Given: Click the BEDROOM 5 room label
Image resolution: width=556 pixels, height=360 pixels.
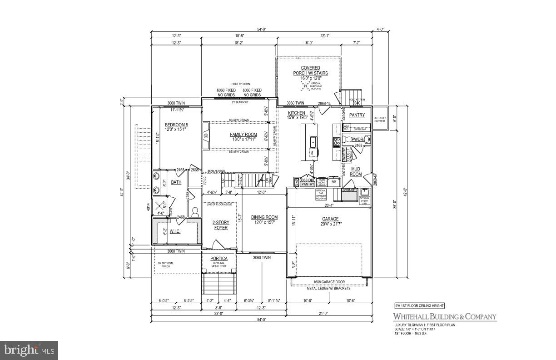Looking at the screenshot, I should (175, 125).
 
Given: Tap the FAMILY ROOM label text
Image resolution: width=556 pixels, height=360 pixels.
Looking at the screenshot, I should (243, 135).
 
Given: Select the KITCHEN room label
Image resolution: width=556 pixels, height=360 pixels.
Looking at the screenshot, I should (297, 113).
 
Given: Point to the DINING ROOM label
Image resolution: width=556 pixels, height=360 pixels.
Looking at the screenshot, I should (264, 217).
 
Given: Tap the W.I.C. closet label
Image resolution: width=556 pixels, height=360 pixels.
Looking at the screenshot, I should (175, 231).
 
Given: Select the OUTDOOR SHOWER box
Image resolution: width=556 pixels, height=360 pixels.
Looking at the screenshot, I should (379, 119).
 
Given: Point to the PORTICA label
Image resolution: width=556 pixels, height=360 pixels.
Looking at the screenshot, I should (218, 259).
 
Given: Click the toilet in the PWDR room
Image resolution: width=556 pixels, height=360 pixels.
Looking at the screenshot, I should (367, 139).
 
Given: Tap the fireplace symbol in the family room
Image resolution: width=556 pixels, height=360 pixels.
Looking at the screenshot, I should (206, 135).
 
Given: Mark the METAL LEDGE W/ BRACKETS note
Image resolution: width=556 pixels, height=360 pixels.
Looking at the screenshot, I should (327, 287).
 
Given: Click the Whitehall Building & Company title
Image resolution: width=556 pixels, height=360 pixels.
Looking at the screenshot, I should (444, 317).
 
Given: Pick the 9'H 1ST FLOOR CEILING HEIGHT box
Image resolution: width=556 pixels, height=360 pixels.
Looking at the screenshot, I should (419, 306).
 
